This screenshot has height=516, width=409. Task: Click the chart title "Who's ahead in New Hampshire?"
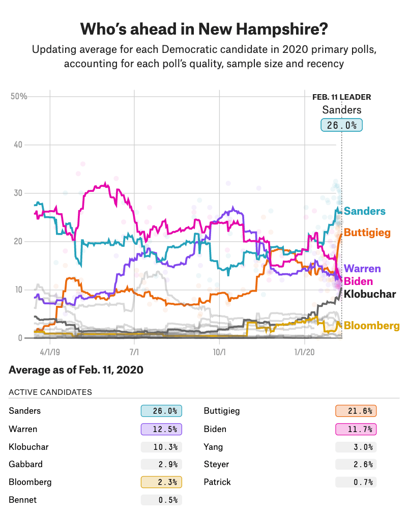click(204, 29)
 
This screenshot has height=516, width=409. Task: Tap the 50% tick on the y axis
click(19, 97)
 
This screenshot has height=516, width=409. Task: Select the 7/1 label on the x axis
click(134, 352)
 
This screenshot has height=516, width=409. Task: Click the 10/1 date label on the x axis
click(219, 352)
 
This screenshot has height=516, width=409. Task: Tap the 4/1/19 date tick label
click(50, 352)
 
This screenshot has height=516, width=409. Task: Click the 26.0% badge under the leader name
click(341, 125)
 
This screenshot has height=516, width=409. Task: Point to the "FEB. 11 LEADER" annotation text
click(341, 97)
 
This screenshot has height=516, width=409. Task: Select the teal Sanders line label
click(365, 211)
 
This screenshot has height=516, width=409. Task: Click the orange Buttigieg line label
click(367, 233)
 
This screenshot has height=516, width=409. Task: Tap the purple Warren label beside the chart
click(362, 269)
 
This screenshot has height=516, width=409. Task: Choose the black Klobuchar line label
click(370, 294)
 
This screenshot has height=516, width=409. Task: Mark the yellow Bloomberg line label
click(371, 326)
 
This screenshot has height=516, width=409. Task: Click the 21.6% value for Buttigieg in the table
click(356, 411)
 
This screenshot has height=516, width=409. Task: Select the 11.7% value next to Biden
click(356, 429)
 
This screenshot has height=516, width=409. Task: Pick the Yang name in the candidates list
click(212, 447)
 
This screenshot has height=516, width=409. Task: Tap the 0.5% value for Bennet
click(161, 500)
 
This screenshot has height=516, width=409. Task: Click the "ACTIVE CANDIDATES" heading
click(50, 392)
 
